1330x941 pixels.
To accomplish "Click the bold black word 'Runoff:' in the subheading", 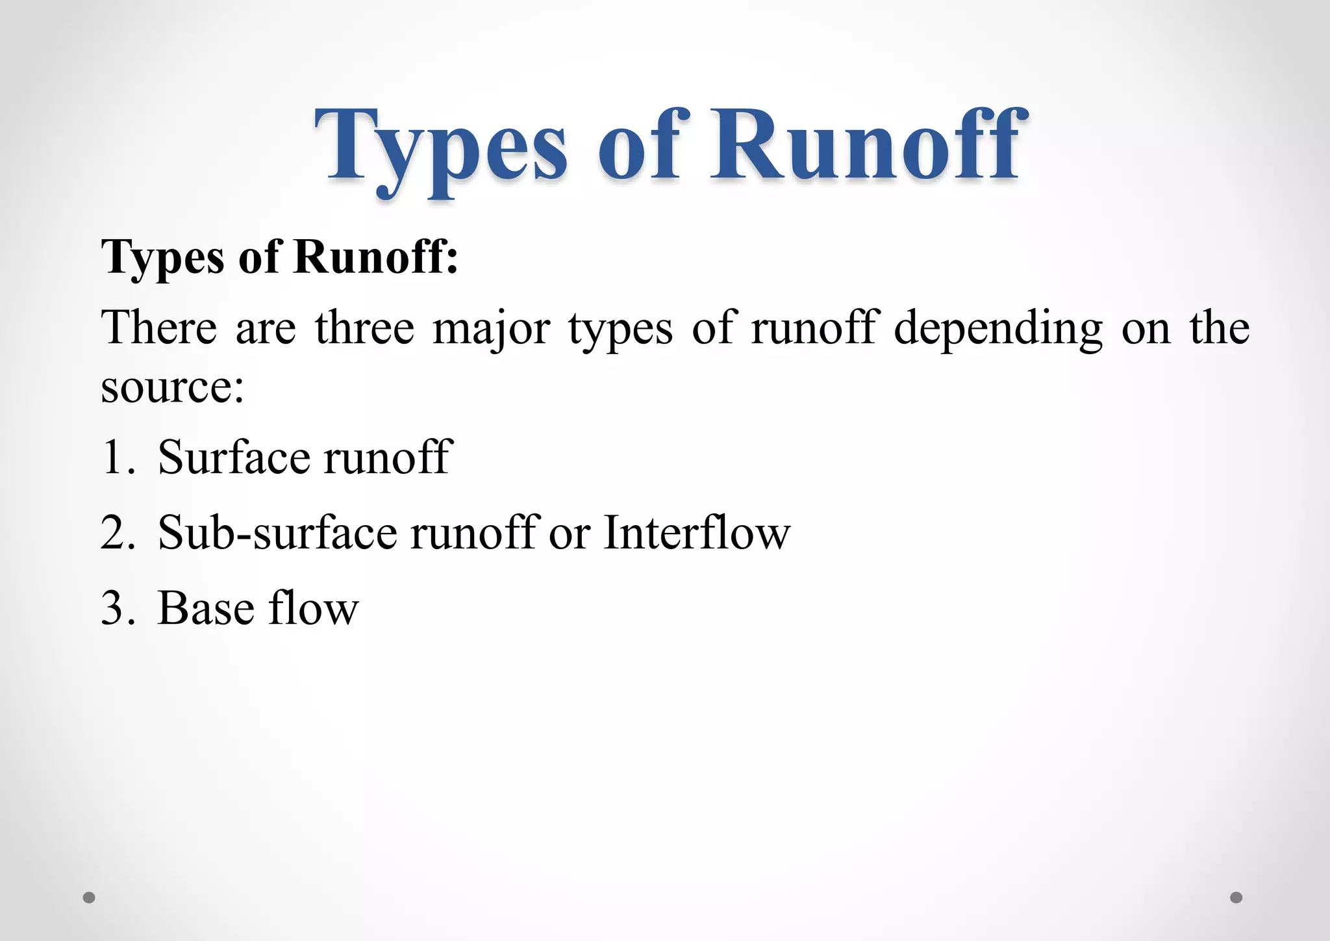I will pyautogui.click(x=375, y=257).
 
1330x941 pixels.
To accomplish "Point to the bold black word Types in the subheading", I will pyautogui.click(x=163, y=259).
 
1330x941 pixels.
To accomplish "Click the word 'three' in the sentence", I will pyautogui.click(x=364, y=328).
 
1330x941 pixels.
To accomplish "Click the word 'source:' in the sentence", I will pyautogui.click(x=172, y=387).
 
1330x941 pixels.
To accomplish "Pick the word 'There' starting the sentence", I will pyautogui.click(x=158, y=328).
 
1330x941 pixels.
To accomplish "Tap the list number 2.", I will pyautogui.click(x=117, y=533).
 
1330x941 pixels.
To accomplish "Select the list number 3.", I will pyautogui.click(x=117, y=609).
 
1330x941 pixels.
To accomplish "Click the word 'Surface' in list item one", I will pyautogui.click(x=234, y=458).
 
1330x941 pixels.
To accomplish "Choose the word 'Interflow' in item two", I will pyautogui.click(x=697, y=533).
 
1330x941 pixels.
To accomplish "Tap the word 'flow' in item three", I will pyautogui.click(x=314, y=609).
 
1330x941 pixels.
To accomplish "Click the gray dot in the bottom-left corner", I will pyautogui.click(x=89, y=897).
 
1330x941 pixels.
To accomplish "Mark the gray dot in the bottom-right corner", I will pyautogui.click(x=1236, y=897).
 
